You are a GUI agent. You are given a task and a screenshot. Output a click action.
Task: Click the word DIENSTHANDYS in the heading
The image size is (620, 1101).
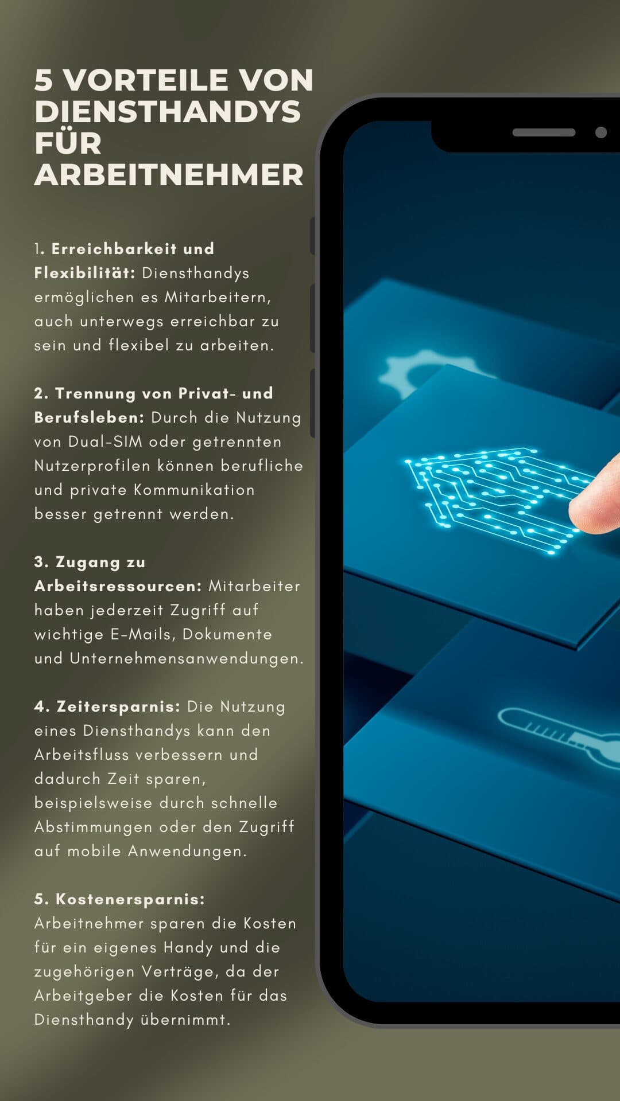(x=168, y=111)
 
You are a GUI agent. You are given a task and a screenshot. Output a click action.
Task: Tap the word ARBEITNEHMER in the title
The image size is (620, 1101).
(x=169, y=175)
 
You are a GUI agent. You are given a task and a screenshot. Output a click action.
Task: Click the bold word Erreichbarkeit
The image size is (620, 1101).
(x=114, y=249)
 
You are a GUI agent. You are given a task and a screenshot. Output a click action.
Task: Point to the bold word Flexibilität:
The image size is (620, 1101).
(x=85, y=273)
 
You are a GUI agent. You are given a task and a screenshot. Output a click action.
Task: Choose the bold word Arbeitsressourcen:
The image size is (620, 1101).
(x=118, y=586)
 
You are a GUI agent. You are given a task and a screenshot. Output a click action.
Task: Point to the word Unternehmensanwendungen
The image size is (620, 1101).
(x=187, y=658)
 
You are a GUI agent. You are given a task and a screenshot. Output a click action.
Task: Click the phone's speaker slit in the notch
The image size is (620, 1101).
(x=544, y=132)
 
